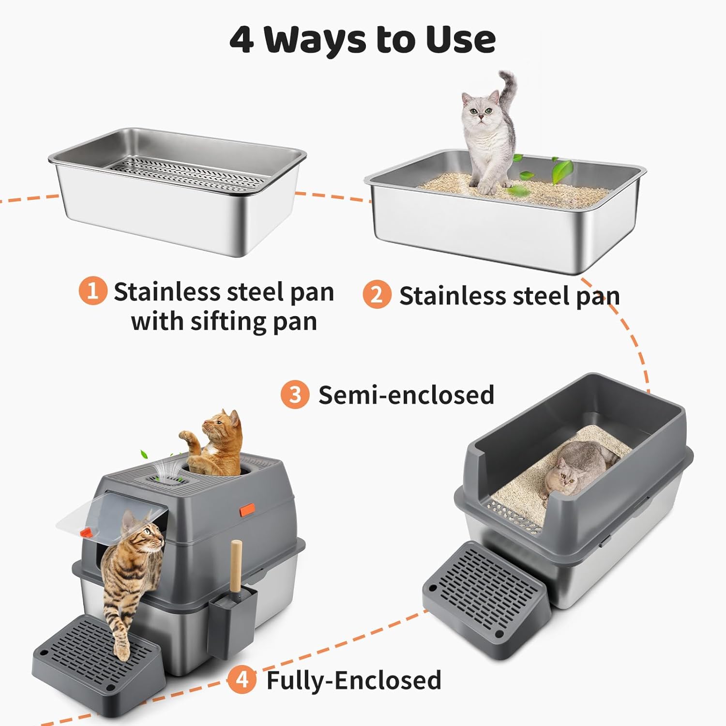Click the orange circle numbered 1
click(x=92, y=291)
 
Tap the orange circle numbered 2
click(x=377, y=294)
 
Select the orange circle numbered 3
click(x=295, y=394)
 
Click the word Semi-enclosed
click(x=406, y=395)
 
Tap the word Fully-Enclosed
click(x=354, y=680)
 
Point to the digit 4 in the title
click(x=242, y=40)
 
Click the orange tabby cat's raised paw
click(x=186, y=435)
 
